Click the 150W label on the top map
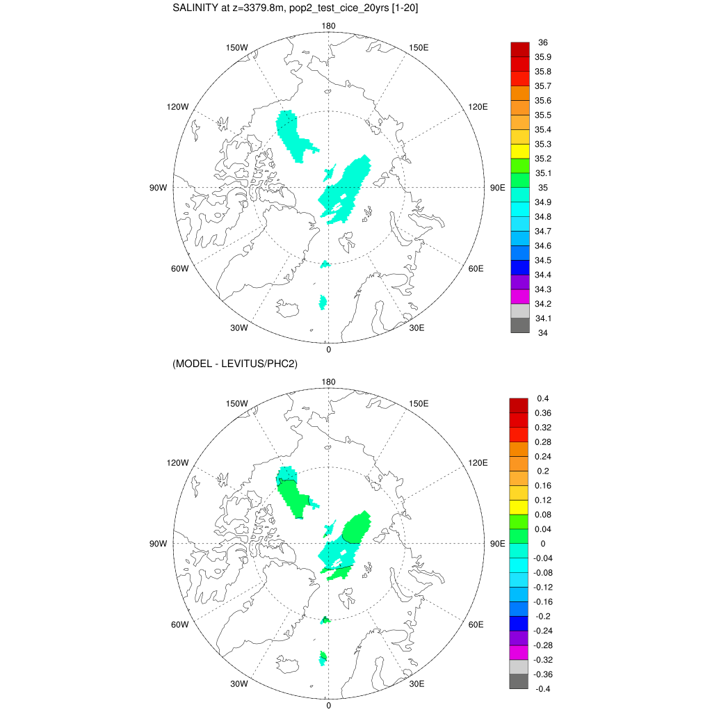[x=237, y=47]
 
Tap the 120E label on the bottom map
[x=478, y=462]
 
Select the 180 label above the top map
[x=328, y=26]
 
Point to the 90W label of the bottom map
[x=159, y=544]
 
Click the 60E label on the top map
[x=476, y=268]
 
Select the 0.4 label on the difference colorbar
[x=543, y=398]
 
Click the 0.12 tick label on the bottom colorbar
[x=543, y=500]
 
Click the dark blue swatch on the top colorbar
[x=521, y=268]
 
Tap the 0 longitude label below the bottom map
[x=328, y=705]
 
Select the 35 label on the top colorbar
[x=543, y=188]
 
